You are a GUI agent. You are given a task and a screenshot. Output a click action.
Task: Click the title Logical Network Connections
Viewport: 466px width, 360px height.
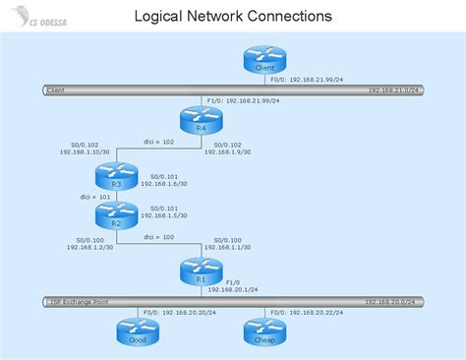point(232,16)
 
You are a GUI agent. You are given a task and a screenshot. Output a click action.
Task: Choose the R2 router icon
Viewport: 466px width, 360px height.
point(115,214)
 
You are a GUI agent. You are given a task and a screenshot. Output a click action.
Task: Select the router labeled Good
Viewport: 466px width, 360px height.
point(136,331)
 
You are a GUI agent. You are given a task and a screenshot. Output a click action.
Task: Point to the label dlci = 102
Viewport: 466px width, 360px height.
point(158,142)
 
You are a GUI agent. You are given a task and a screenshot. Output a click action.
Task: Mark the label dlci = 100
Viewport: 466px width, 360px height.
point(158,237)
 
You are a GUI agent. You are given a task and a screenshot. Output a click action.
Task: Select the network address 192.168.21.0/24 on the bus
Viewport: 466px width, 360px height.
point(392,90)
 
